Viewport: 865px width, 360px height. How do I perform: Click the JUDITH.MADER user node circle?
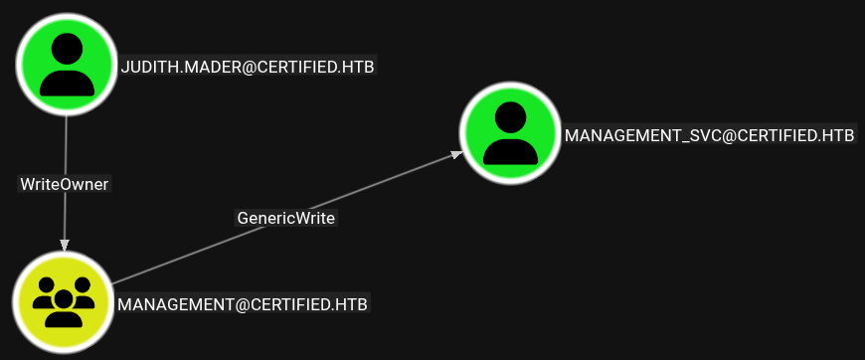[x=67, y=65]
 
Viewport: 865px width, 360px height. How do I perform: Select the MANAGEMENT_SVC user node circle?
[x=510, y=133]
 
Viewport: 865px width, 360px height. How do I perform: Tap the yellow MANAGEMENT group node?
[x=64, y=301]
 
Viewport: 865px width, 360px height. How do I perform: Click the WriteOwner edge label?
[x=65, y=184]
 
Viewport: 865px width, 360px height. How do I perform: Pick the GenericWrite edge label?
[x=286, y=218]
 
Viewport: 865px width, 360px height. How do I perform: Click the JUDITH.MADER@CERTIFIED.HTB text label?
[x=248, y=68]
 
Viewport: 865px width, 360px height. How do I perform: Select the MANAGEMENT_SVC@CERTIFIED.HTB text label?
[x=710, y=136]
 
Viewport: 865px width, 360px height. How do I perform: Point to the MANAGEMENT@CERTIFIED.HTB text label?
[x=243, y=304]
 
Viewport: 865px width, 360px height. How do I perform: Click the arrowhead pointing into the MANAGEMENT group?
[x=65, y=246]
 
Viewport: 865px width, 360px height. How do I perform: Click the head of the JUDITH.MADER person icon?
[x=67, y=49]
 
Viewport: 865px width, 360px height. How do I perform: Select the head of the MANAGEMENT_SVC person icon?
[x=510, y=117]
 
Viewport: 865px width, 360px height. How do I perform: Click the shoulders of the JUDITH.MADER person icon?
[x=67, y=83]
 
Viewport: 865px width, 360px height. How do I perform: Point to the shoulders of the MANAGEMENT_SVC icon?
[x=510, y=151]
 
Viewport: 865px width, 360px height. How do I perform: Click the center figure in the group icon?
[x=64, y=308]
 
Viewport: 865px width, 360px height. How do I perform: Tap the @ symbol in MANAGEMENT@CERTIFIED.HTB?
[x=242, y=304]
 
